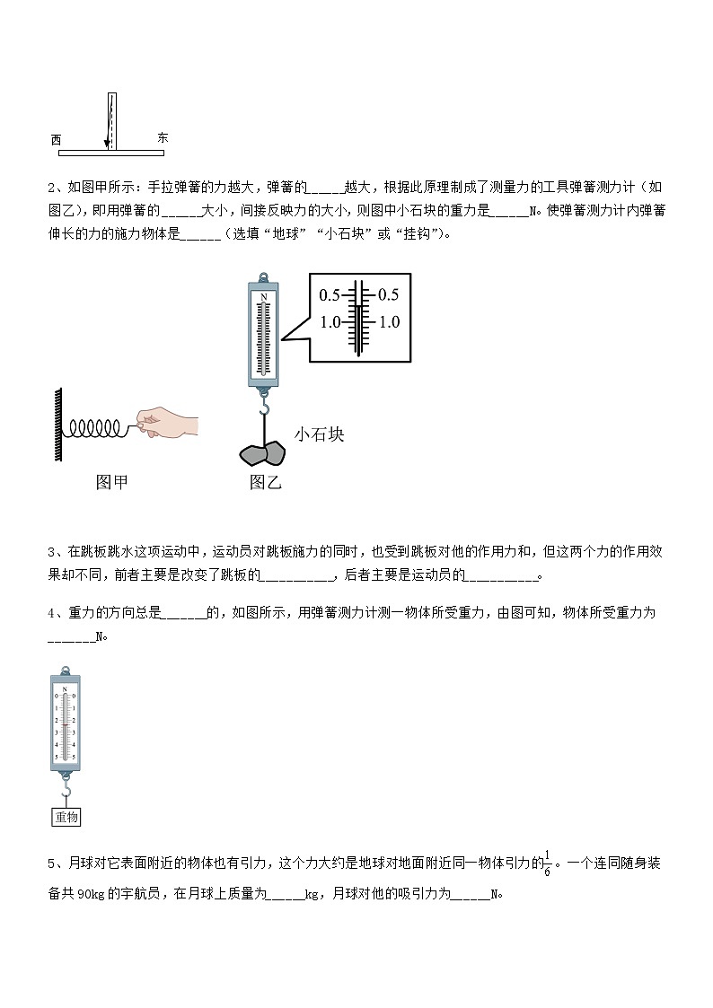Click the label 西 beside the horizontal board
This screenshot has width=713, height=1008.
click(56, 140)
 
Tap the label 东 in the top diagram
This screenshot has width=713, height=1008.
click(162, 137)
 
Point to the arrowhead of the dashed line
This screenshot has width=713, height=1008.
click(107, 143)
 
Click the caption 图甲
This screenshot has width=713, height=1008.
click(111, 483)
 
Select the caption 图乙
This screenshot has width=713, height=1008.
click(265, 483)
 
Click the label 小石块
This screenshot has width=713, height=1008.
click(319, 434)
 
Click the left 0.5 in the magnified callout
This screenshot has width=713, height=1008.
click(330, 295)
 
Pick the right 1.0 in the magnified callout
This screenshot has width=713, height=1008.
click(389, 322)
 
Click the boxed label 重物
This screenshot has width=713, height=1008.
click(67, 817)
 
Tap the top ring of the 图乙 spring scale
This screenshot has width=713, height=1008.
click(263, 277)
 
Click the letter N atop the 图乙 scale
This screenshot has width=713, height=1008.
click(263, 295)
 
